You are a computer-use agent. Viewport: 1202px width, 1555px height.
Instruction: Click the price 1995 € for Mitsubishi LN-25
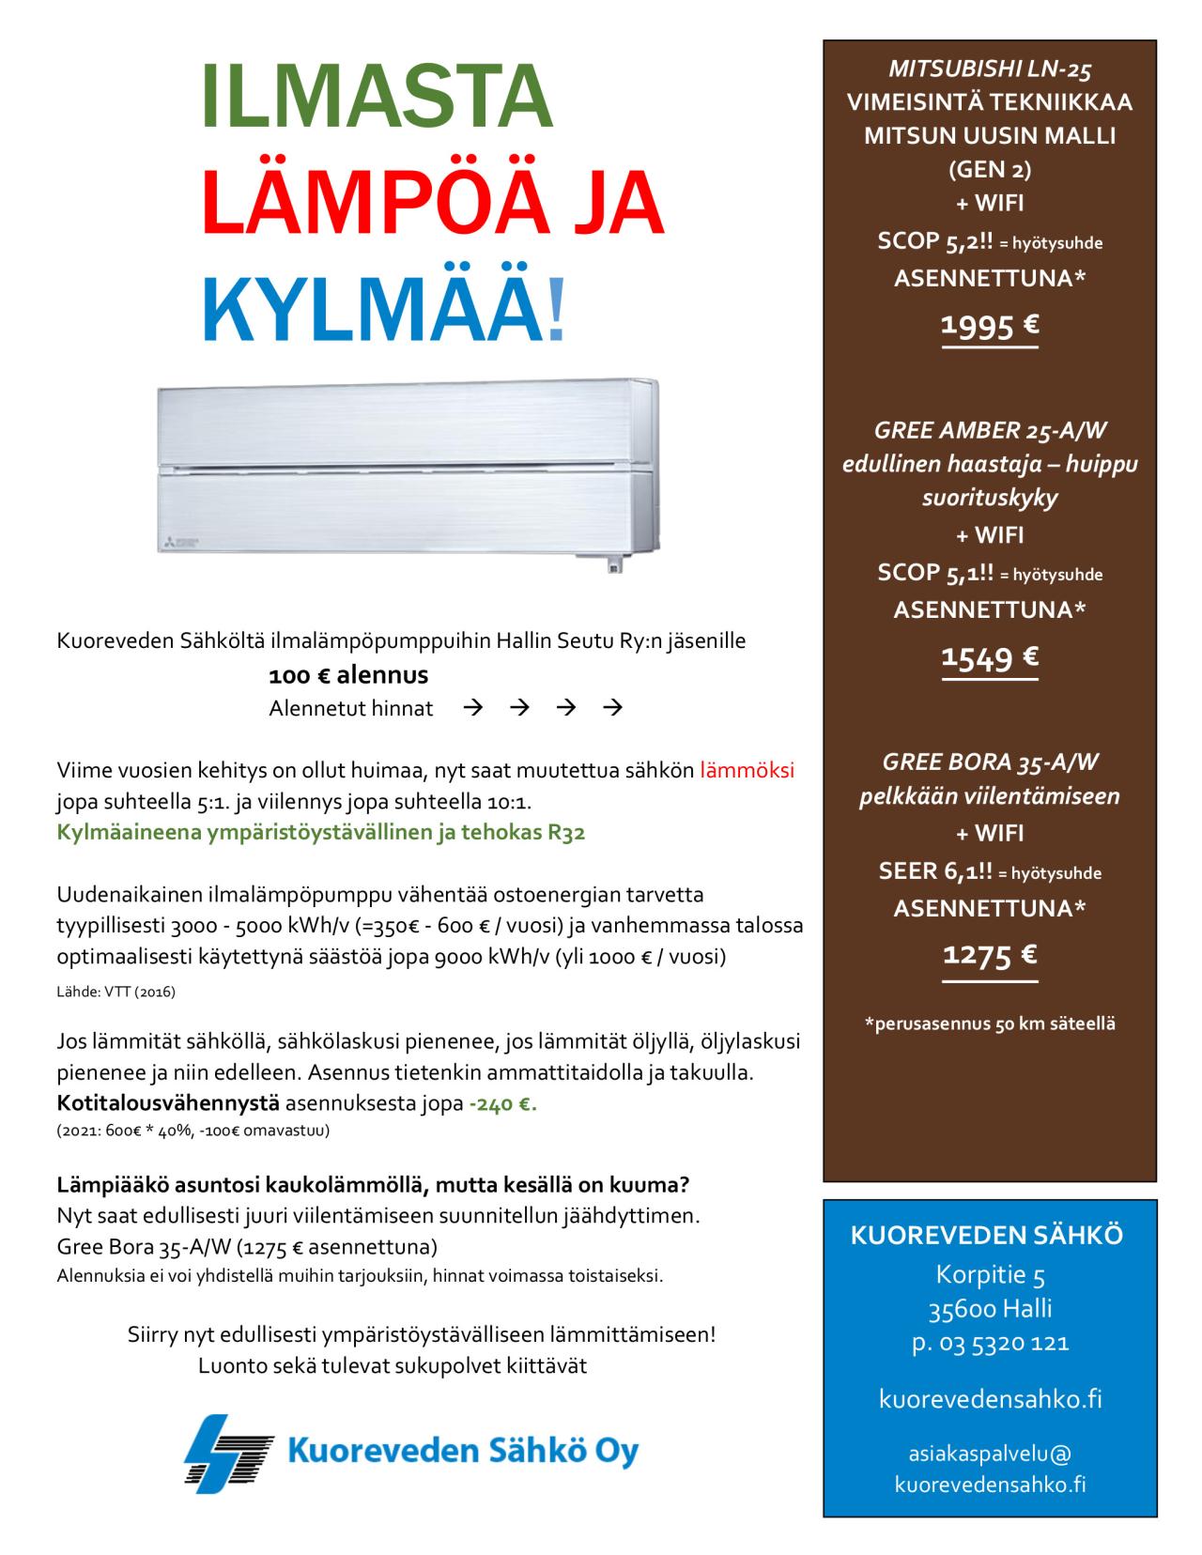(990, 326)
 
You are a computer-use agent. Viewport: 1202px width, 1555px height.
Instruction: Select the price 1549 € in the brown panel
(990, 657)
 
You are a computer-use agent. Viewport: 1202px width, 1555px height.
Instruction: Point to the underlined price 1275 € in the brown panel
(990, 956)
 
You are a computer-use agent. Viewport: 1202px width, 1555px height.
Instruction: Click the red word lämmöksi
(747, 770)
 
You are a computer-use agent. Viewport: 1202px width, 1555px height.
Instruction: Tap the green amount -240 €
(502, 1103)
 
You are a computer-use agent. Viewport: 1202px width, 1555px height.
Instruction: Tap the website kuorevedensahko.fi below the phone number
(990, 1399)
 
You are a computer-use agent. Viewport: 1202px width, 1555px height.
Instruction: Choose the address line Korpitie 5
(990, 1274)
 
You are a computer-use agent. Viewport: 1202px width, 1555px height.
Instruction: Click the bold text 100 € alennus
(348, 675)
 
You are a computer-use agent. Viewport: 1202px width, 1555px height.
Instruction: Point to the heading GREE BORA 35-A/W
(990, 762)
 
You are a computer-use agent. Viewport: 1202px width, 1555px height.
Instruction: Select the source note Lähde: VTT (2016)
(116, 992)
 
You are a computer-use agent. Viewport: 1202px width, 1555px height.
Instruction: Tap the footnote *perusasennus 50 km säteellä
(990, 1024)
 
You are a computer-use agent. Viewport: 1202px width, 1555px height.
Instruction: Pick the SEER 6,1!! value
(935, 871)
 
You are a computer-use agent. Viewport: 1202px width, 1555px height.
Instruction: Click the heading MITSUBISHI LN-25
(990, 69)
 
